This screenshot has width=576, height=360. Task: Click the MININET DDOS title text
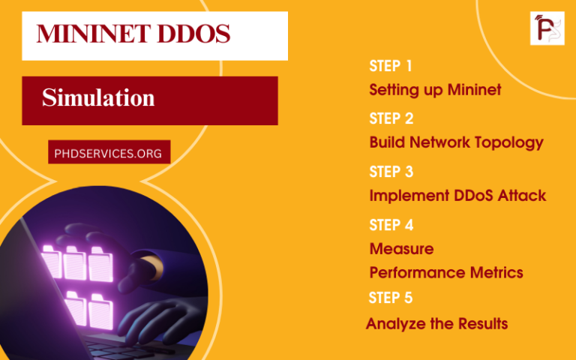[133, 34]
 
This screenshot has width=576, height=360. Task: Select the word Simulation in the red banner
[98, 98]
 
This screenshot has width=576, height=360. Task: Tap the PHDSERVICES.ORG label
[108, 153]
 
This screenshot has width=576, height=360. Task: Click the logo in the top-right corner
[547, 28]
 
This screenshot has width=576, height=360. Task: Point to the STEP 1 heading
[391, 66]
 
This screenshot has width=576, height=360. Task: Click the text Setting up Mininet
[435, 90]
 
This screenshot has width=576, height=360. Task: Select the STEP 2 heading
[391, 118]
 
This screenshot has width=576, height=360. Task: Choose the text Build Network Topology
[456, 142]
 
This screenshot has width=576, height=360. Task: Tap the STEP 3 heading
[391, 172]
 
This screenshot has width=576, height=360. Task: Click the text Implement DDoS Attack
[457, 196]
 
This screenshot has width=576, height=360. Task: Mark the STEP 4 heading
[391, 225]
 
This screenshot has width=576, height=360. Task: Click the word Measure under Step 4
[401, 248]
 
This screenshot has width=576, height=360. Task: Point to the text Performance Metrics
[445, 272]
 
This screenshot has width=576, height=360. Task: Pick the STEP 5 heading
[390, 298]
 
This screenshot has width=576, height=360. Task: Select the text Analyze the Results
[436, 324]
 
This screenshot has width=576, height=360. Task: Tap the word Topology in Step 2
[511, 142]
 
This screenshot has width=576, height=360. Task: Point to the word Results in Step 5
[481, 324]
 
